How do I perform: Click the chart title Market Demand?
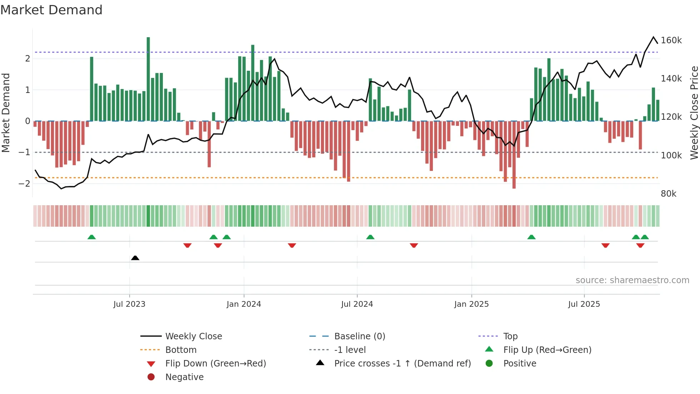click(51, 10)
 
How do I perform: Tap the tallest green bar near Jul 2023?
click(148, 79)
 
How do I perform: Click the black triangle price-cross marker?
click(135, 258)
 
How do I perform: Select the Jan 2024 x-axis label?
click(244, 304)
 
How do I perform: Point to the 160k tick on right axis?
click(671, 40)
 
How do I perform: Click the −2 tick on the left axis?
click(24, 183)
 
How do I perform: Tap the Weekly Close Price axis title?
click(694, 113)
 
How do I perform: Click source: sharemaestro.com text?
click(632, 280)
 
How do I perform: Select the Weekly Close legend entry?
click(193, 336)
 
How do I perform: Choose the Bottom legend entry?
click(181, 350)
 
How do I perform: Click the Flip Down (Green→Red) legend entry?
click(215, 363)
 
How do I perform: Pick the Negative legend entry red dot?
click(151, 377)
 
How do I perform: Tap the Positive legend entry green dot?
click(489, 363)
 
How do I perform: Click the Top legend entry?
click(510, 336)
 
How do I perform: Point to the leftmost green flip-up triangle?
click(91, 237)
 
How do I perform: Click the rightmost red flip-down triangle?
click(640, 245)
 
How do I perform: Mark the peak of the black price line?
click(654, 37)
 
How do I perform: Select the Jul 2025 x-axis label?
click(584, 304)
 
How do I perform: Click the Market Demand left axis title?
click(6, 113)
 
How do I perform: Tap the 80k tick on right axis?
click(669, 194)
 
